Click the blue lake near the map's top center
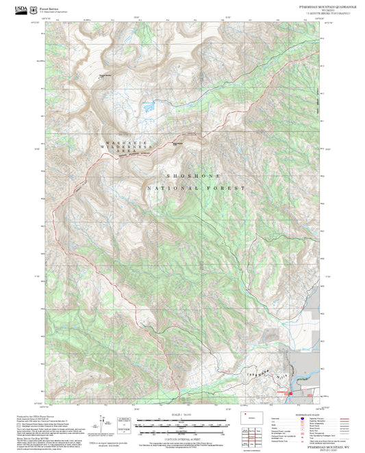click(147, 106)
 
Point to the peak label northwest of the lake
click(104, 75)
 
